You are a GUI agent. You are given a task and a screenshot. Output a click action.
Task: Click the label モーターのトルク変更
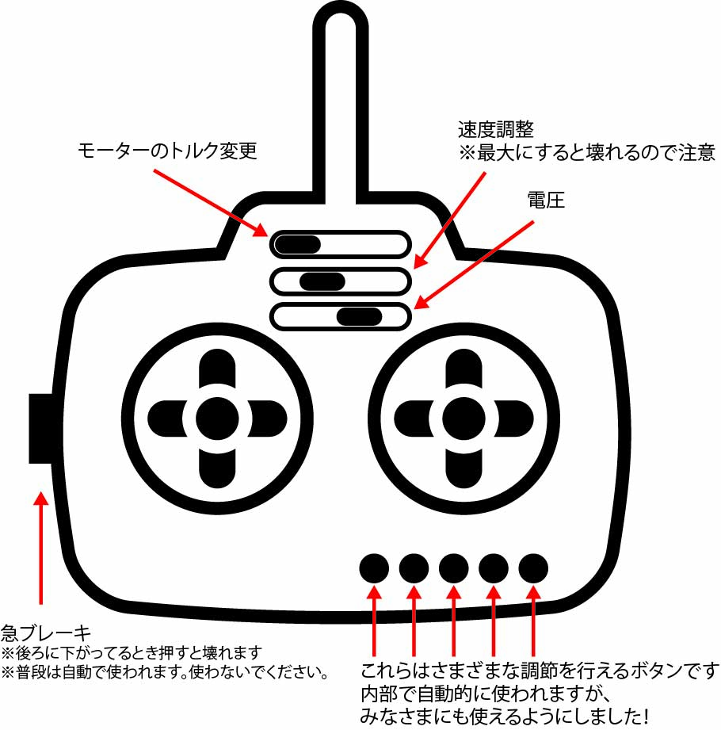coord(167,151)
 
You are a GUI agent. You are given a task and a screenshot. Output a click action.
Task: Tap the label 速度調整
coord(495,129)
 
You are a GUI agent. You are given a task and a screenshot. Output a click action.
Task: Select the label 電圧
coord(546,201)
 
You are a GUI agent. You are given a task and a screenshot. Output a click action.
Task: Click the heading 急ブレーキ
coord(46,633)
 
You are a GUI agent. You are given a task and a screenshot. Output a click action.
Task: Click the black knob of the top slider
coord(298,244)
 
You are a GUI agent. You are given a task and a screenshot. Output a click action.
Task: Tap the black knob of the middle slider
coord(322,281)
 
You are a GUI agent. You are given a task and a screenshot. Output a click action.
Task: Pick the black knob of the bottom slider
coord(360,316)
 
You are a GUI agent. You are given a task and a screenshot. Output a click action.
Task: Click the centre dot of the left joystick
coord(217,419)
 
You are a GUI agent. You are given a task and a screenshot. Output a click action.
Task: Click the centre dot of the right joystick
coord(463,419)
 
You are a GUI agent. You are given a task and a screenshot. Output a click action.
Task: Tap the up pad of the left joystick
coord(217,368)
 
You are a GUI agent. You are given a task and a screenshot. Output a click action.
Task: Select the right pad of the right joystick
coord(514,419)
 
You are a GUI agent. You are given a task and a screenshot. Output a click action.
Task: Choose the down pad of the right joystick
coord(463,468)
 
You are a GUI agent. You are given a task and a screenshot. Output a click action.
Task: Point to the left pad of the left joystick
coord(167,419)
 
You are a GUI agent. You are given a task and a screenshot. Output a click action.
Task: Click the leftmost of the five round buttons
coord(374,568)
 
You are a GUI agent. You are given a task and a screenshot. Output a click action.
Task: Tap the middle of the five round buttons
coord(454,568)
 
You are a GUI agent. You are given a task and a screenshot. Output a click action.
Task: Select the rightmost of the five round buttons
coord(533,568)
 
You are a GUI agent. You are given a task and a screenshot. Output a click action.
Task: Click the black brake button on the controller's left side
coord(40,428)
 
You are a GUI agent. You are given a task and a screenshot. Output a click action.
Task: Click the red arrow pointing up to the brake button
coord(41,548)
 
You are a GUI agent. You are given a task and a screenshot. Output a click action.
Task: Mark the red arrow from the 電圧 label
coord(473,265)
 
